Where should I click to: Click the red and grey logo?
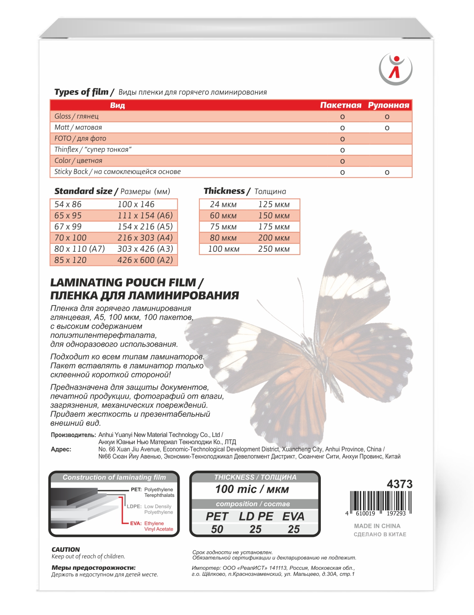[395, 69]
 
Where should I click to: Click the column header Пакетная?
[340, 105]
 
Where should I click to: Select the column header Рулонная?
[388, 105]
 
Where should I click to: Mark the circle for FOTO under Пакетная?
[342, 139]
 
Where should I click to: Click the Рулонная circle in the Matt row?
[387, 128]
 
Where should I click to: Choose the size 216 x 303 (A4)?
[145, 238]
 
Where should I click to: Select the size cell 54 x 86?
[68, 204]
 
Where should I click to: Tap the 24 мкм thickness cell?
[223, 205]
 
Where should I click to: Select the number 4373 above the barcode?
[399, 484]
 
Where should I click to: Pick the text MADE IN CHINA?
[377, 526]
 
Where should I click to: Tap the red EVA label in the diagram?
[136, 523]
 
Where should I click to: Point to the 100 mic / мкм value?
[252, 489]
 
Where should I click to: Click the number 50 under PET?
[217, 529]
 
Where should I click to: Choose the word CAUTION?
[66, 549]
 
